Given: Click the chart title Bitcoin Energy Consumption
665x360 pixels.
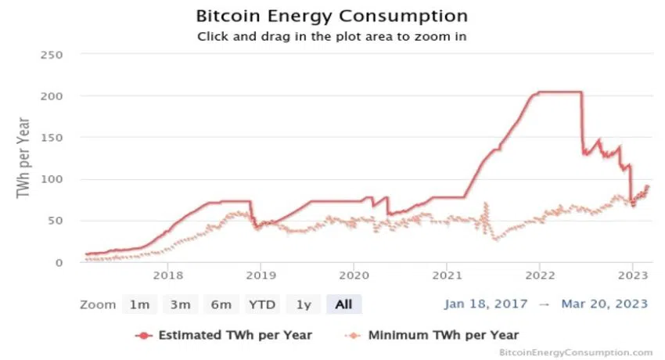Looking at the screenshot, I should pyautogui.click(x=332, y=16).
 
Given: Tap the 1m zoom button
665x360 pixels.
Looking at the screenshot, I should pyautogui.click(x=140, y=304).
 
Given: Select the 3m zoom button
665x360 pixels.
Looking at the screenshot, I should pyautogui.click(x=180, y=304).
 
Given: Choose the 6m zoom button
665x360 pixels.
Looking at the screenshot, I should pyautogui.click(x=220, y=304).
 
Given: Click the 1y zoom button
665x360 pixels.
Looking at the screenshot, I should pyautogui.click(x=303, y=304).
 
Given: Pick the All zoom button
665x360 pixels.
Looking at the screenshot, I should pyautogui.click(x=343, y=304).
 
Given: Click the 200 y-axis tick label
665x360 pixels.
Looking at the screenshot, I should pyautogui.click(x=52, y=95).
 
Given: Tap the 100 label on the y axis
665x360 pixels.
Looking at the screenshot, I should pyautogui.click(x=52, y=178).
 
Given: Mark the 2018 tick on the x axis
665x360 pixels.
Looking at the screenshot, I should pyautogui.click(x=167, y=275).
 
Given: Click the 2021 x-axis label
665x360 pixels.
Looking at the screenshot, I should pyautogui.click(x=446, y=275).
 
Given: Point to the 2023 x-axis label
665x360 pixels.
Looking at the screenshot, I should pyautogui.click(x=632, y=275).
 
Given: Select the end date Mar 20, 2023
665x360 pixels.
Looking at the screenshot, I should pyautogui.click(x=604, y=304).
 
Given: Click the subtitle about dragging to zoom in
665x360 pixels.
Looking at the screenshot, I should pyautogui.click(x=332, y=35).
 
